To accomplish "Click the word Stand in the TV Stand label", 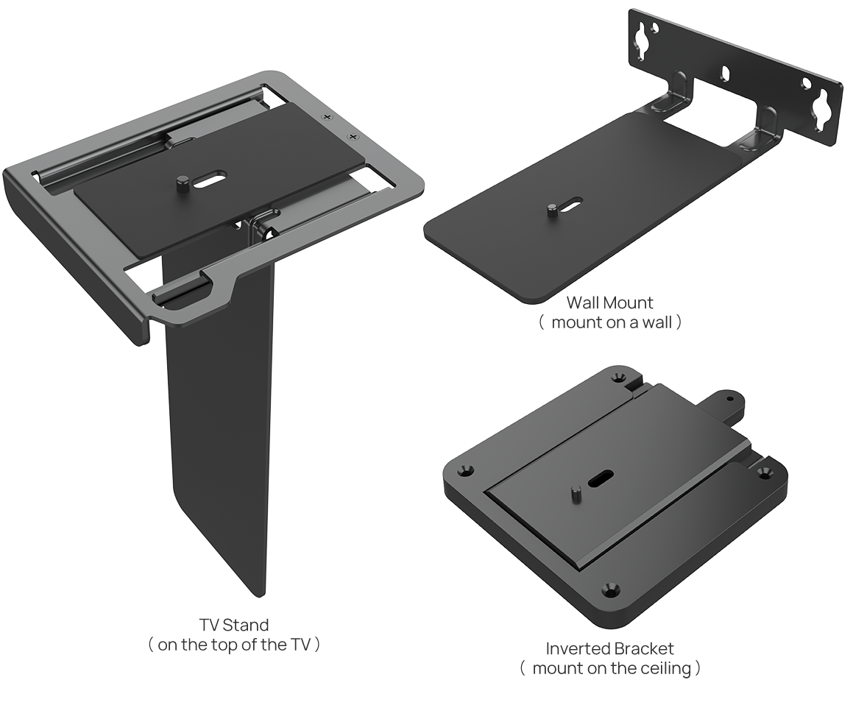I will click(x=245, y=626).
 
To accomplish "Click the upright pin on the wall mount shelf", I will click(x=551, y=211).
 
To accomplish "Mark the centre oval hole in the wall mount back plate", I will click(x=726, y=74).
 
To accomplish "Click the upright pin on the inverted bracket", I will click(x=575, y=493).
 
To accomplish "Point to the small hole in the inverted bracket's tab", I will click(x=729, y=399).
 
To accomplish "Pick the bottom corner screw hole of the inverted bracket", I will click(x=609, y=589).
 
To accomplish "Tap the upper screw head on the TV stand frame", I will click(x=328, y=117).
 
